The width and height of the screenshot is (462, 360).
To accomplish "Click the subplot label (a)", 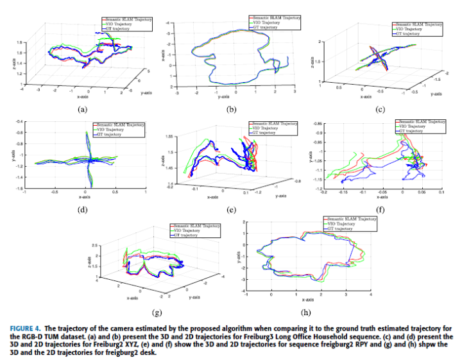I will [x=81, y=109].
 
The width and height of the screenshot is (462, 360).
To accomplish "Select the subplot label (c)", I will [x=381, y=109].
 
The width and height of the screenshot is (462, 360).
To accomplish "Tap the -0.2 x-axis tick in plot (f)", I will [x=325, y=192].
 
